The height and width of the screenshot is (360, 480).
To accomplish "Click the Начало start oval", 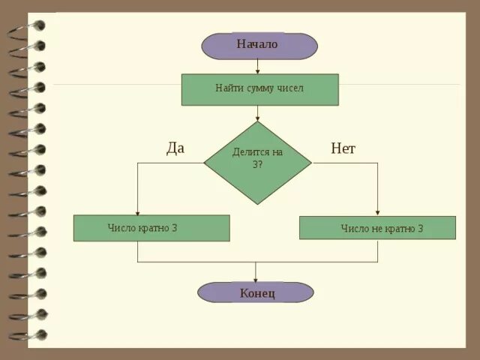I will pyautogui.click(x=259, y=45).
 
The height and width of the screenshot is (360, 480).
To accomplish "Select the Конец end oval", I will pyautogui.click(x=256, y=292).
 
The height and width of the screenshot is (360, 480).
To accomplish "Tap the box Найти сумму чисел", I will pyautogui.click(x=259, y=89).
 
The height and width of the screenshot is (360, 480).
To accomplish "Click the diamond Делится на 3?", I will pyautogui.click(x=257, y=162).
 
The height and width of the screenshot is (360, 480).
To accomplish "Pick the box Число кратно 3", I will pyautogui.click(x=151, y=228).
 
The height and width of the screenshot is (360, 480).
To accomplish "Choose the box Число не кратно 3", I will pyautogui.click(x=377, y=228).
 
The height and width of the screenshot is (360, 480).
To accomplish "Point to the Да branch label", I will pyautogui.click(x=175, y=148).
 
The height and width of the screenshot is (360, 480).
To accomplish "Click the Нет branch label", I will pyautogui.click(x=343, y=148).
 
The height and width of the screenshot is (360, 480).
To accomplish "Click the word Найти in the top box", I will pyautogui.click(x=228, y=88).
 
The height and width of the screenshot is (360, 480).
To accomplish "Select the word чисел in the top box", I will pyautogui.click(x=289, y=88).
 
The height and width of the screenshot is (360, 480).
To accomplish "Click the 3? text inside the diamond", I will pyautogui.click(x=257, y=165).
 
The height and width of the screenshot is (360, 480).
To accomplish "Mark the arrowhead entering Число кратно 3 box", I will pyautogui.click(x=137, y=212).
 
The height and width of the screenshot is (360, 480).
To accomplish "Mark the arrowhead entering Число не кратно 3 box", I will pyautogui.click(x=377, y=213).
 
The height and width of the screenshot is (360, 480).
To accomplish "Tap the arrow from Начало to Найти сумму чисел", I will pyautogui.click(x=258, y=66).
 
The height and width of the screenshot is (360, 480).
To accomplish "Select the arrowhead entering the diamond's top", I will pyautogui.click(x=258, y=118).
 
